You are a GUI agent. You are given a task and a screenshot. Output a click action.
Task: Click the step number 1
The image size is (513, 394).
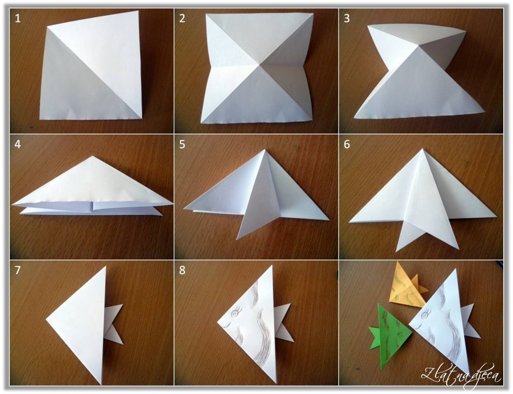tap(17, 18)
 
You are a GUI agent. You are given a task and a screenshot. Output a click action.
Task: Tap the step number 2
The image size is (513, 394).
tap(182, 18)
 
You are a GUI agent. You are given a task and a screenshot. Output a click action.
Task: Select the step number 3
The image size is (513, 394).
tap(347, 18)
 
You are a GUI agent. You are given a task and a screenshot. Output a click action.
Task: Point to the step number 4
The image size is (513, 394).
tap(17, 144)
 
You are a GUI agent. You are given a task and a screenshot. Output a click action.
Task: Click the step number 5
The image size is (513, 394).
tap(182, 144)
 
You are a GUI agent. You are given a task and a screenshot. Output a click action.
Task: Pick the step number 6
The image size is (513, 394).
tap(347, 144)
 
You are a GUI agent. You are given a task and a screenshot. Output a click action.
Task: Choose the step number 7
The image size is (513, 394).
tap(17, 270)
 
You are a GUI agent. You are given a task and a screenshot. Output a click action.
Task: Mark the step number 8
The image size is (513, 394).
tap(182, 270)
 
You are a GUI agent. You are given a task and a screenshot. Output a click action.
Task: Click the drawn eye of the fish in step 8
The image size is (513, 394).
tap(234, 313)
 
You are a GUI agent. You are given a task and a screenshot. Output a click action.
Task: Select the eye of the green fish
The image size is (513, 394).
tap(399, 334)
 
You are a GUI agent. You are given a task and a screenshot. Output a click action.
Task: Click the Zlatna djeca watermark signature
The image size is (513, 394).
tap(461, 373)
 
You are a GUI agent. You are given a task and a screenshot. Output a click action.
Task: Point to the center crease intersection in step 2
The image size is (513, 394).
tap(259, 65)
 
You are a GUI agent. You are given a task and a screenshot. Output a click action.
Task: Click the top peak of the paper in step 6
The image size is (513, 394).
tap(422, 149)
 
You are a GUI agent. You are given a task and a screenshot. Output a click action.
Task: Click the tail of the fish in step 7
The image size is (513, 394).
tap(114, 324)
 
